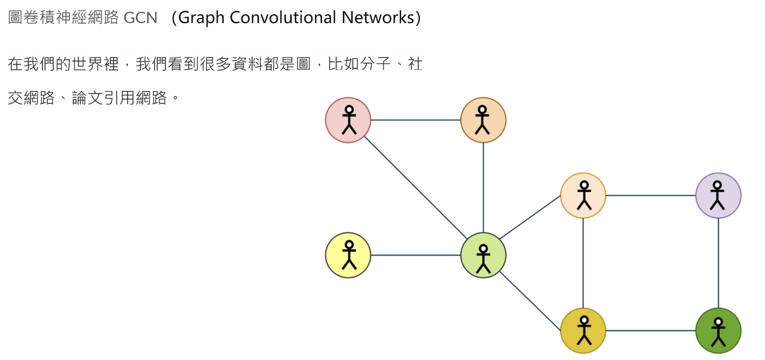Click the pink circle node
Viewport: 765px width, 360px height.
348,120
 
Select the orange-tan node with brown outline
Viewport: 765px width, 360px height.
483,120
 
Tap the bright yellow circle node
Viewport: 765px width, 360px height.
348,255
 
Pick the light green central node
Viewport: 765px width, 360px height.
483,255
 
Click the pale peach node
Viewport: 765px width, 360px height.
583,196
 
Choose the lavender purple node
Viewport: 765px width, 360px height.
718,196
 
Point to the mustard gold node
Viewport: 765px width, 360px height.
583,331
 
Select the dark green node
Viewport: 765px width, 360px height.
718,331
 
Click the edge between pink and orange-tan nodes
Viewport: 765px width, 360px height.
415,120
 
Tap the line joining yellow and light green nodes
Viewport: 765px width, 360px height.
415,255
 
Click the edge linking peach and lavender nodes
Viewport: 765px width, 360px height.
650,196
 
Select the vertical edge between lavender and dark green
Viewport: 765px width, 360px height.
718,263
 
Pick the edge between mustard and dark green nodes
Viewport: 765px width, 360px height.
650,331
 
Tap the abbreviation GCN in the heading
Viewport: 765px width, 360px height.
140,18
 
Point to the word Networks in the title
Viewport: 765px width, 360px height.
377,18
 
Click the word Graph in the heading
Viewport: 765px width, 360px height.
201,18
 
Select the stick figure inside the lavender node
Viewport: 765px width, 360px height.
718,195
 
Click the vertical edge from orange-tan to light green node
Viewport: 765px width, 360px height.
483,187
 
